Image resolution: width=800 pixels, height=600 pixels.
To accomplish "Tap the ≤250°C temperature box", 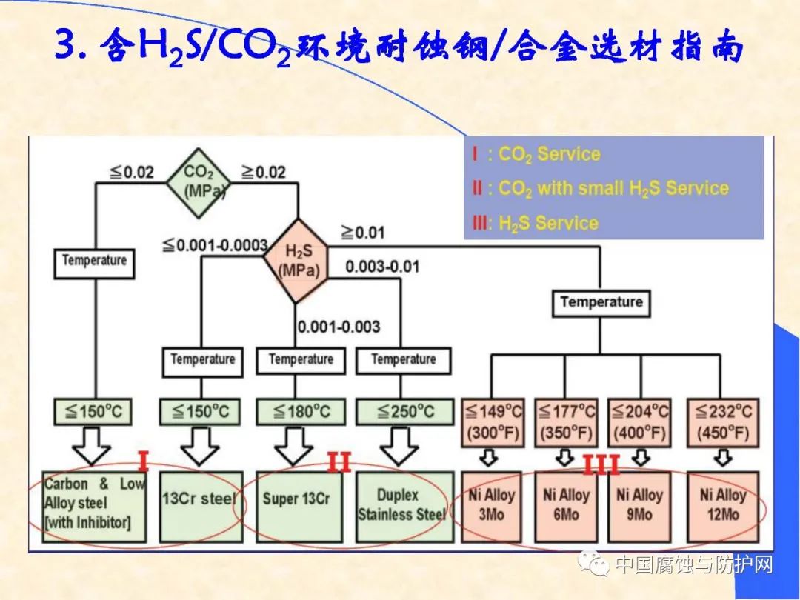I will [403, 411].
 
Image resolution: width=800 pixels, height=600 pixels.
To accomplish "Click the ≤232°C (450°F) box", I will [721, 421].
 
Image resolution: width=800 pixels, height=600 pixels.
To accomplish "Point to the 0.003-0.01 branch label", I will [381, 266].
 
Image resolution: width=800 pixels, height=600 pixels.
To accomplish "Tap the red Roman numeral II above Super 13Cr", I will [339, 463].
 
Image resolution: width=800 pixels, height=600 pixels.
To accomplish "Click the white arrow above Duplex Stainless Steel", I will [401, 446].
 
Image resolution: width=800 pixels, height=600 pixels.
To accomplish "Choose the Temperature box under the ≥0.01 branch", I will [601, 301].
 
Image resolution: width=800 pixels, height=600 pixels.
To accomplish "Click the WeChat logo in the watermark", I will [594, 566].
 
